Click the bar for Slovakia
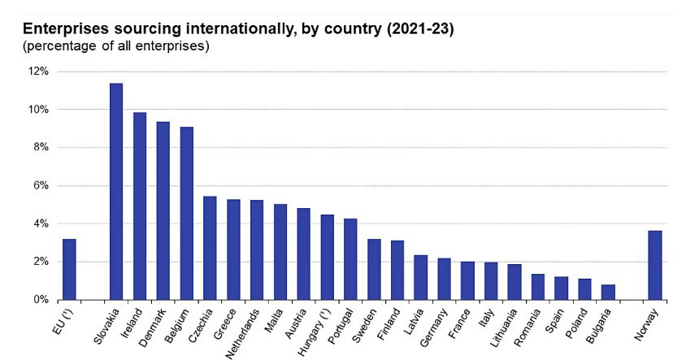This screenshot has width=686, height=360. pos(116,192)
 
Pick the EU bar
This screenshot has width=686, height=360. pos(69,269)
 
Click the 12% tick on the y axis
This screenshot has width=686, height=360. pos(40,72)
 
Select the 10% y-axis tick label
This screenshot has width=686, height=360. pos(40,110)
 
